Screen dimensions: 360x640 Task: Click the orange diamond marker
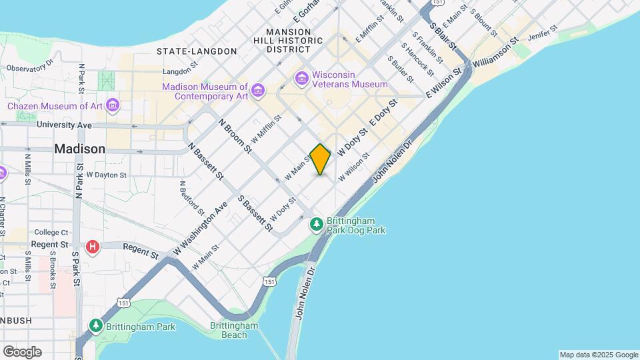320,159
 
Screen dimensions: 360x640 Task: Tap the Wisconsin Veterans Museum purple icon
302,79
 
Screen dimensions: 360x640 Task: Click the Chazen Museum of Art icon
113,106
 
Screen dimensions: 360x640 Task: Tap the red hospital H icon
93,247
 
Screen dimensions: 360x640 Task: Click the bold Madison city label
79,149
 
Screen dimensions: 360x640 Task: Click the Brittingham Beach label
234,330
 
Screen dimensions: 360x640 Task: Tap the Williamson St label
495,55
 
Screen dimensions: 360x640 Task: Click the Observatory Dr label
29,67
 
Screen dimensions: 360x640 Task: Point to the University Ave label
64,125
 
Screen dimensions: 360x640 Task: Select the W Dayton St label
106,175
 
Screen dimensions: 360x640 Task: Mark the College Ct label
51,233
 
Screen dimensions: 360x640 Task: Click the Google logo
22,352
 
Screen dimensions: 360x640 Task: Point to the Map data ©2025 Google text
598,355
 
